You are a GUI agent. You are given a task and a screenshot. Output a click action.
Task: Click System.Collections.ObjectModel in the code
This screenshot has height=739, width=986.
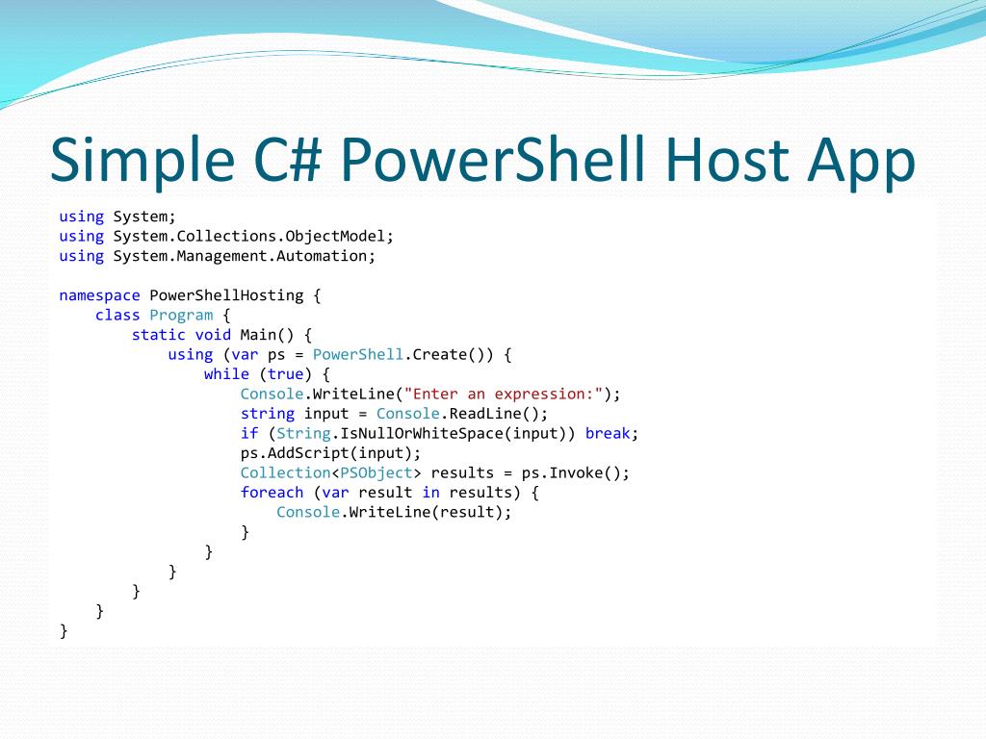click(x=253, y=236)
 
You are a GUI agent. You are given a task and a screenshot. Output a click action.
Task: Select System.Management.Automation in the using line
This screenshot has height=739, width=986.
click(x=245, y=256)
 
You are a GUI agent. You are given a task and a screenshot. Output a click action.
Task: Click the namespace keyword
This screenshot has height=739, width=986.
click(x=100, y=295)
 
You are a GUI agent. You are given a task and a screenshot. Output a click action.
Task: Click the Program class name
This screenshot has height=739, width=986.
click(x=181, y=315)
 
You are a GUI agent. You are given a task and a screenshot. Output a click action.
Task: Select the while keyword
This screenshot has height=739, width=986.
click(x=226, y=374)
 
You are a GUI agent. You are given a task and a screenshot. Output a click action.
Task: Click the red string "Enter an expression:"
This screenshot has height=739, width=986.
click(x=507, y=394)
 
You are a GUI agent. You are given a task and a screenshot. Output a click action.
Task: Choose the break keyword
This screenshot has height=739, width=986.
click(x=608, y=433)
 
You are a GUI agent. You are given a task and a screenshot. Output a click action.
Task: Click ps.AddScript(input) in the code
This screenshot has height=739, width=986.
click(x=330, y=452)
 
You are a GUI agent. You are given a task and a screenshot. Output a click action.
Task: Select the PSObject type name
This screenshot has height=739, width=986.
click(x=376, y=472)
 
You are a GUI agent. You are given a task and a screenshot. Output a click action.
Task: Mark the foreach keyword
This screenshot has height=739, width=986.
click(x=272, y=492)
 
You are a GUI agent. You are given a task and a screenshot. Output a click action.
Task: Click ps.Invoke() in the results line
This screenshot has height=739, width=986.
click(x=575, y=472)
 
